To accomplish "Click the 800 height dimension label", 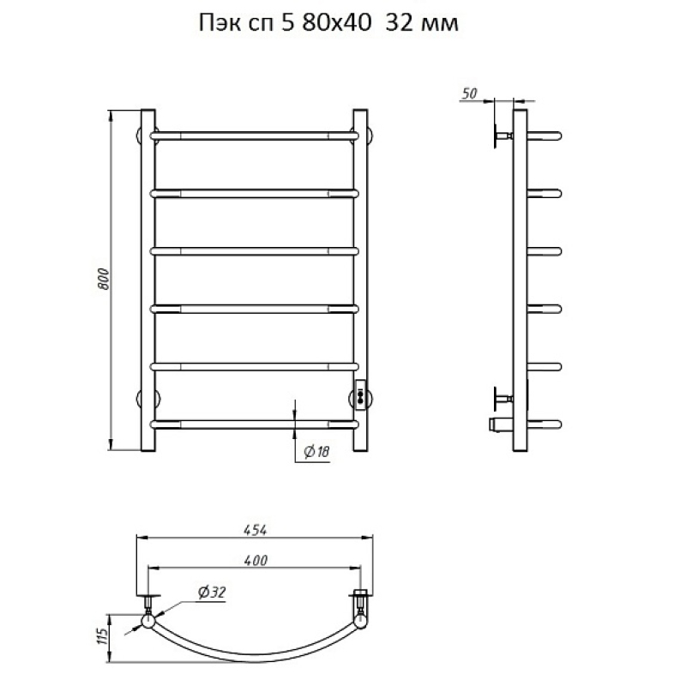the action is [104, 279].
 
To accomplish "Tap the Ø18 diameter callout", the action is [316, 451].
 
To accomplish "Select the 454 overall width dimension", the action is [255, 530].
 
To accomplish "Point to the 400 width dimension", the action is [255, 561].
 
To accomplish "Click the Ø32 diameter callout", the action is [212, 593].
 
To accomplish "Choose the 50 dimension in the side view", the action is [469, 93].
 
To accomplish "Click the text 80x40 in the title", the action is [336, 23].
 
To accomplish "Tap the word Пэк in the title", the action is [220, 24].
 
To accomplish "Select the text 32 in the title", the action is [400, 23].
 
